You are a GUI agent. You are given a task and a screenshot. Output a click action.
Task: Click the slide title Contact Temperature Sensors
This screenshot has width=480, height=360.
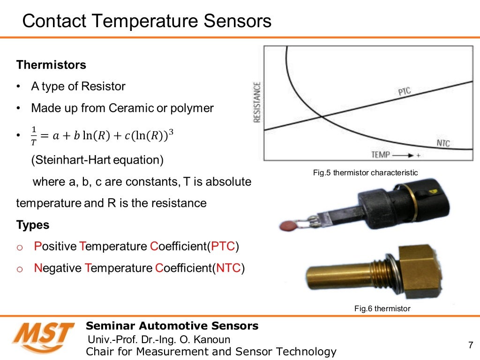(147, 21)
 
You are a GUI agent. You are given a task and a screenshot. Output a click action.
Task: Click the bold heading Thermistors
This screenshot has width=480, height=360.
(51, 65)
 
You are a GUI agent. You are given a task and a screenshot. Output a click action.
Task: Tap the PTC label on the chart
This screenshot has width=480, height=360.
(404, 91)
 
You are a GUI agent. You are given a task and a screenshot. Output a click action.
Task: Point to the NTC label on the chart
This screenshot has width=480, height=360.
(443, 143)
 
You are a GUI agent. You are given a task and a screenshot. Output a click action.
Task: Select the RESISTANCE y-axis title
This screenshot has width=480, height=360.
(257, 102)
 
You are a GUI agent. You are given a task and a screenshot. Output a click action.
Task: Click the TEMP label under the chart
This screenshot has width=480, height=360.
(381, 154)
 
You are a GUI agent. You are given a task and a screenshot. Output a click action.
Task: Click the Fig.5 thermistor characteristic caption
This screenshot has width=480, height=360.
(365, 173)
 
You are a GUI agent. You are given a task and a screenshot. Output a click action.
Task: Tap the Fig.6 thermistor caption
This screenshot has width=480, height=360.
(382, 308)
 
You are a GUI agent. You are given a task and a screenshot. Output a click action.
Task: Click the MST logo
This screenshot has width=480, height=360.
(43, 337)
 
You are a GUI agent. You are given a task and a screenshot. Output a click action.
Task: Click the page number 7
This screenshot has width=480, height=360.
(471, 346)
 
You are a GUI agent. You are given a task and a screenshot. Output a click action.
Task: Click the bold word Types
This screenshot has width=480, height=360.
(33, 225)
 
